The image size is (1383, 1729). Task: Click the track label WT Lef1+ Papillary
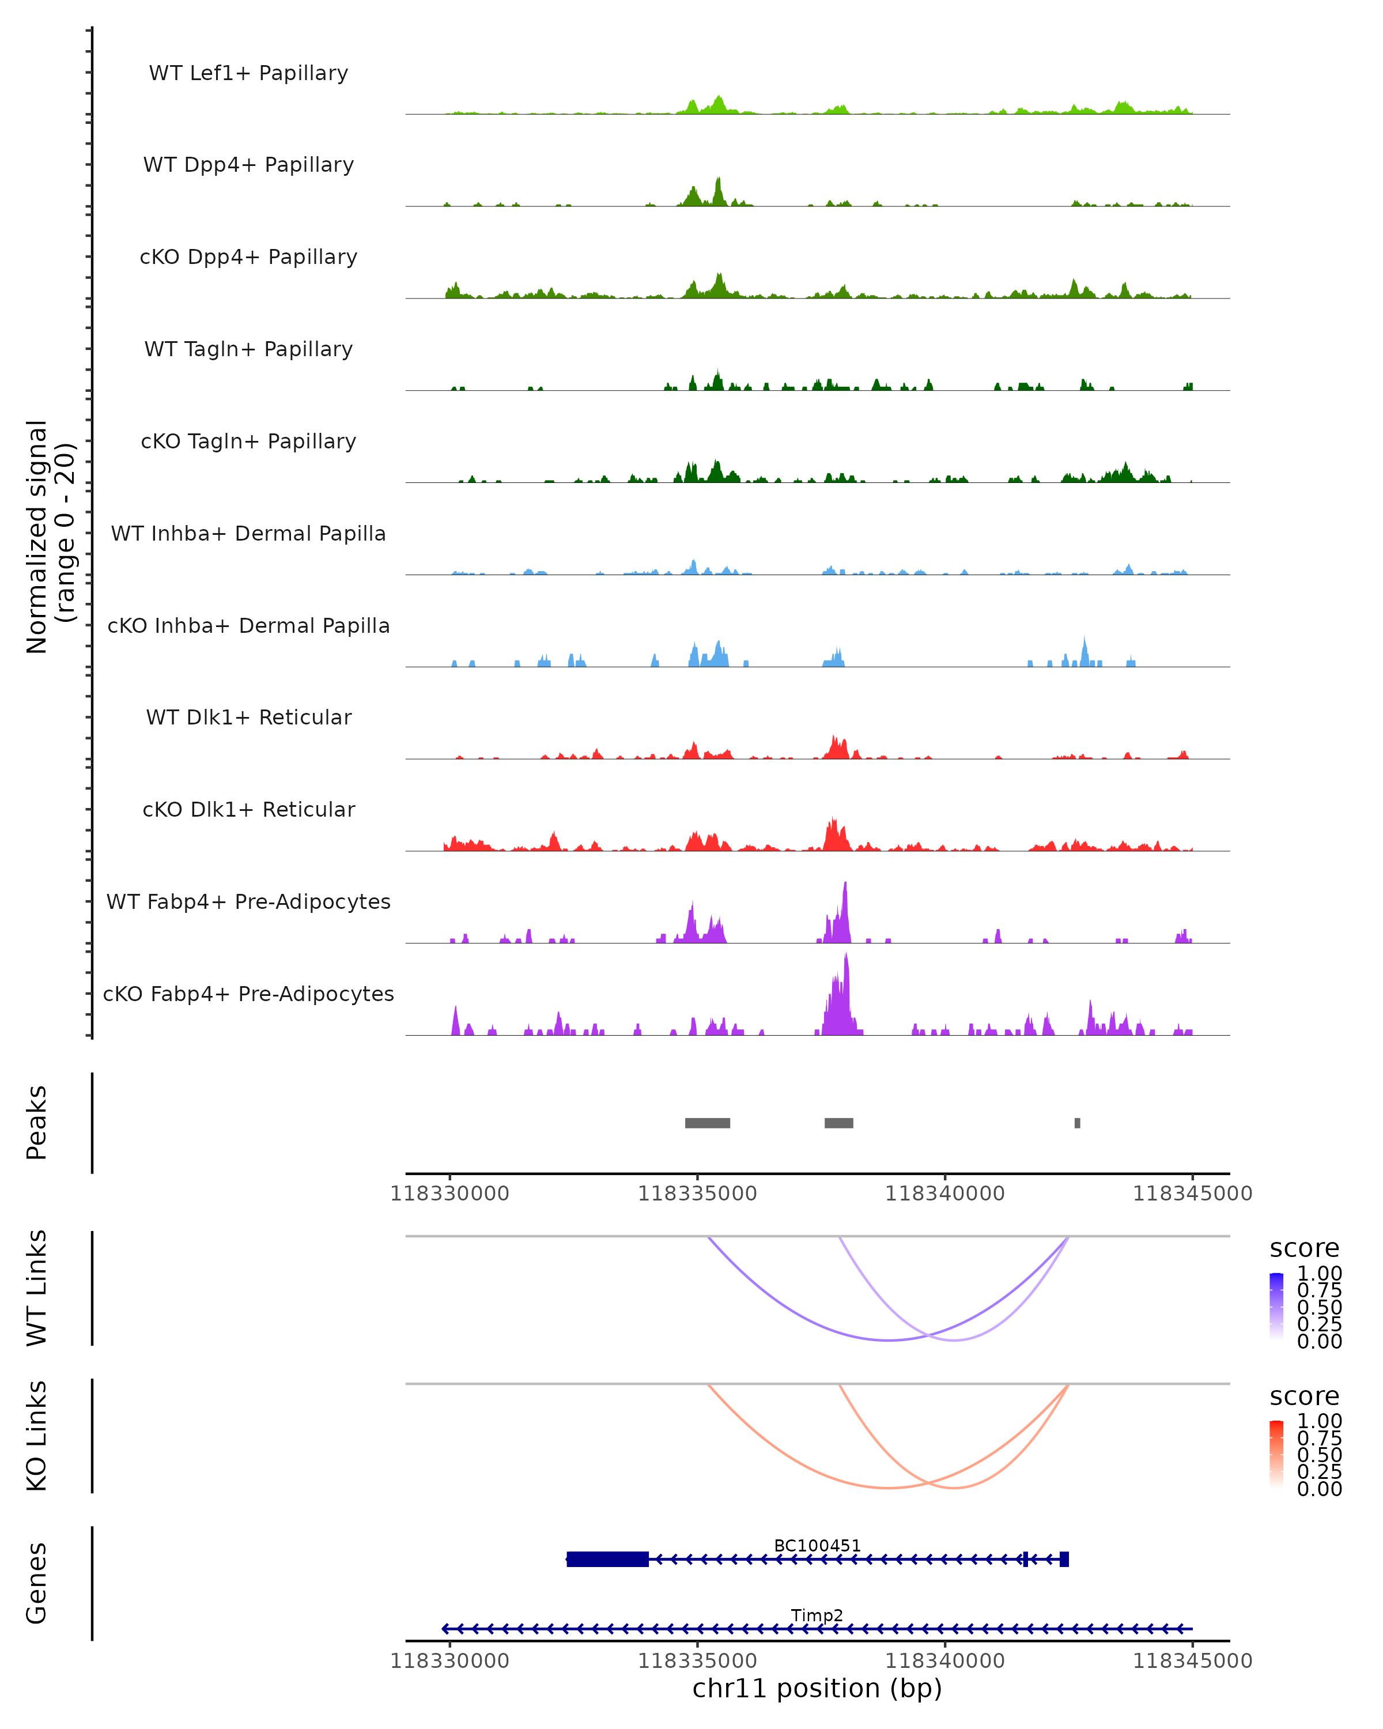click(248, 73)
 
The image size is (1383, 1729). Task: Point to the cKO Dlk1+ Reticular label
click(248, 809)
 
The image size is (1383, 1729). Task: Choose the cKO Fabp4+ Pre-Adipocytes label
click(248, 994)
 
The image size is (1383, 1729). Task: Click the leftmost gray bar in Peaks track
click(707, 1123)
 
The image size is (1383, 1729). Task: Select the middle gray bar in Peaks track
click(838, 1123)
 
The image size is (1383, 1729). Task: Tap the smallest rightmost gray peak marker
click(1078, 1123)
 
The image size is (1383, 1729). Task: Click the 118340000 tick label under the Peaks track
click(944, 1194)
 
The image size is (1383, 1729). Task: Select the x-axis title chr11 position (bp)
click(817, 1688)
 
